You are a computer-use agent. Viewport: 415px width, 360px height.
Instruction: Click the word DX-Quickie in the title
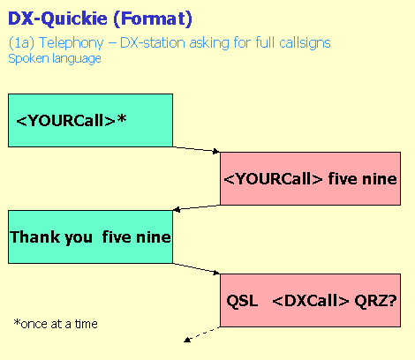point(57,19)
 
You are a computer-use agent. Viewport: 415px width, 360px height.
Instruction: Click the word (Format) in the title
point(153,19)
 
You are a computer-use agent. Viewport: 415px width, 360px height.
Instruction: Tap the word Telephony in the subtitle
point(71,43)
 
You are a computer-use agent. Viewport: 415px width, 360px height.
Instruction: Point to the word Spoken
point(28,58)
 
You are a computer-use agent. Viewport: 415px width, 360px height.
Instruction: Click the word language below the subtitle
point(77,59)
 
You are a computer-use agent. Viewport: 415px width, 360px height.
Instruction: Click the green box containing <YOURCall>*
point(90,120)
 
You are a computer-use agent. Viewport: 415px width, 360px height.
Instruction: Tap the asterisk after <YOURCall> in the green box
point(122,118)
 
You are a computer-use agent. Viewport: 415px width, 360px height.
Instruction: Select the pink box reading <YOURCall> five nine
point(310,178)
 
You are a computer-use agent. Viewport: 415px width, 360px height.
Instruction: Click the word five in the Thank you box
point(117,237)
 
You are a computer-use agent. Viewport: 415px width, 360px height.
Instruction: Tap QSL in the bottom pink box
point(242,301)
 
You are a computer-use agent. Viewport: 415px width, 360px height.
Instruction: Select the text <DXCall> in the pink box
point(311,301)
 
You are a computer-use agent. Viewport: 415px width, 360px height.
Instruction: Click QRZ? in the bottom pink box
point(375,301)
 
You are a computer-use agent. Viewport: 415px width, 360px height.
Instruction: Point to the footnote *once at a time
point(56,324)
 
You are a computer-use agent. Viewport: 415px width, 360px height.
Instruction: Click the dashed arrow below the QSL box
point(201,334)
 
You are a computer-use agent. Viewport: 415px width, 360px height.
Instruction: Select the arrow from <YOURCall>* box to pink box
point(196,149)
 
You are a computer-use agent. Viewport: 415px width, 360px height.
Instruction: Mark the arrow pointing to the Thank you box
point(196,207)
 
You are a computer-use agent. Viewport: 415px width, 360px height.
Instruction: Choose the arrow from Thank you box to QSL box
point(196,268)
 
